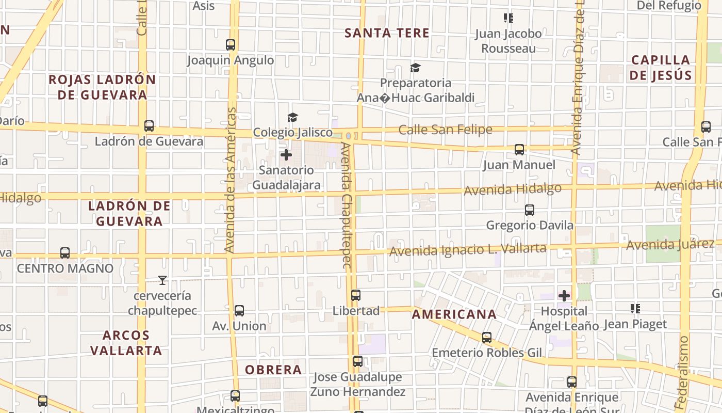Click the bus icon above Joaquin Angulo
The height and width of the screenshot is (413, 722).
coord(231,45)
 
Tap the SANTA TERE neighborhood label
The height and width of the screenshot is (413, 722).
coord(387,33)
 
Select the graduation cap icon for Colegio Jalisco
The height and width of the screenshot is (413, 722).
coord(293,117)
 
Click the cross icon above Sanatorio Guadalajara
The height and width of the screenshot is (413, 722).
coord(286,154)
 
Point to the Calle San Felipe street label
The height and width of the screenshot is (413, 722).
coord(446,130)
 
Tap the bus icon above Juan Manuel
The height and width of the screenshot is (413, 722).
coord(519,150)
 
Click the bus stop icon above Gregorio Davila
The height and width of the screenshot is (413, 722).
coord(530,210)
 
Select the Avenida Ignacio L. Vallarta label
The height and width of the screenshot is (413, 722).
coord(467,250)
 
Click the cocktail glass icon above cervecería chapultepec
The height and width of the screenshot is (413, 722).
coord(162,280)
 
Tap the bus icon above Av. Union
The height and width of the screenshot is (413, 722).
coord(239,311)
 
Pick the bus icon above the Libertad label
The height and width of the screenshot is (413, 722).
coord(356,295)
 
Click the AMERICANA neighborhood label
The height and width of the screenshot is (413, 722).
coord(454,314)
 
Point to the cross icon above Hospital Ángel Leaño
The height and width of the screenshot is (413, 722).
coord(565,296)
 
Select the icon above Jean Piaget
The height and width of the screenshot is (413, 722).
coord(635,309)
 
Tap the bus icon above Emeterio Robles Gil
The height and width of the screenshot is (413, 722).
coord(487,338)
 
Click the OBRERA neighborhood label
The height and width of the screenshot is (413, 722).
coord(273,370)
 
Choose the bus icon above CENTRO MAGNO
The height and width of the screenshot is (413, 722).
coord(65,253)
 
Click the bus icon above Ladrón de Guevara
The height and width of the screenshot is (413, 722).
coord(149,125)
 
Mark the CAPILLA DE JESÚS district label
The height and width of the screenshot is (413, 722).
coord(661,68)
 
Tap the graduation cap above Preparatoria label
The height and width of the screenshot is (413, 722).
coord(415,68)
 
